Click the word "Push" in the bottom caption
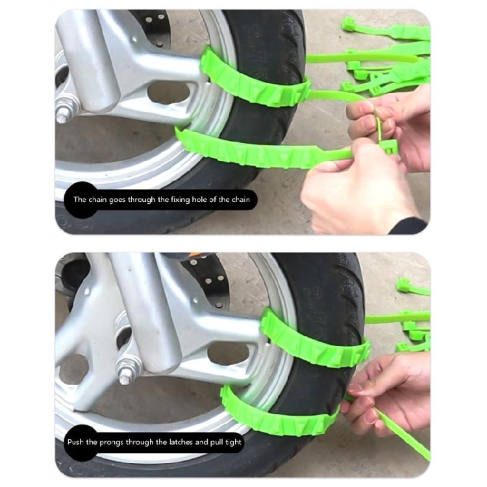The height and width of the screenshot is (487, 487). pos(77,442)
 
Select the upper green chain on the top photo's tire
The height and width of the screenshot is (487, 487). pos(253,81)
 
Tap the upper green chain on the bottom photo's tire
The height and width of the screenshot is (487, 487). pos(312,341)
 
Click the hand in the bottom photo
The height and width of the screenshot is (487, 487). pos(390,383)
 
